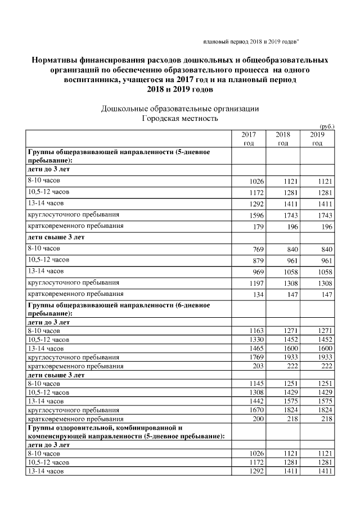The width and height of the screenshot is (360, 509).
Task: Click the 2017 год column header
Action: click(x=249, y=139)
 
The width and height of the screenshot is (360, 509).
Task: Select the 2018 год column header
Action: click(x=283, y=139)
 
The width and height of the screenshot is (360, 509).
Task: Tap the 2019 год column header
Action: click(x=317, y=139)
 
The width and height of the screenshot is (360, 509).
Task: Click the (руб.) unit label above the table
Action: click(x=326, y=127)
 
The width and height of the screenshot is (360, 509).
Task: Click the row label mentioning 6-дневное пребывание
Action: click(x=119, y=309)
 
